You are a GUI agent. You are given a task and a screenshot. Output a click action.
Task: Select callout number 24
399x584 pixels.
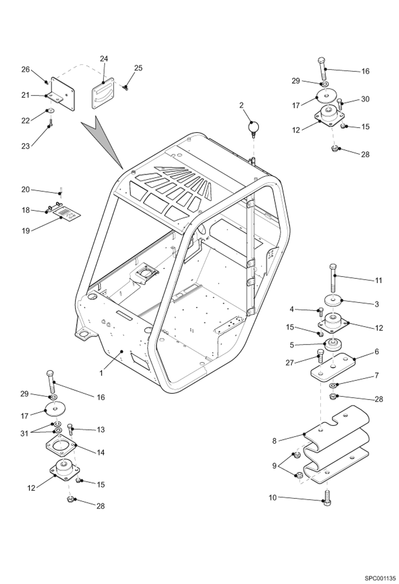point(104,59)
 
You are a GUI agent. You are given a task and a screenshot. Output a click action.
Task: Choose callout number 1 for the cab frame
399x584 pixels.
point(101,373)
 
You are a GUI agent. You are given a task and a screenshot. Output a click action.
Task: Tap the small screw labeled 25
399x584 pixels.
point(125,87)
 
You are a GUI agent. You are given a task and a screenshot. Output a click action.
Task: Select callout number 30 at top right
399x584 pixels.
point(365,99)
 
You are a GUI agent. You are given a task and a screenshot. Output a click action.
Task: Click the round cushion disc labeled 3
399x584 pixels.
point(333,301)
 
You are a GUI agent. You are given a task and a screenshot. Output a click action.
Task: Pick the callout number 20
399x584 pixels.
point(26,190)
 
